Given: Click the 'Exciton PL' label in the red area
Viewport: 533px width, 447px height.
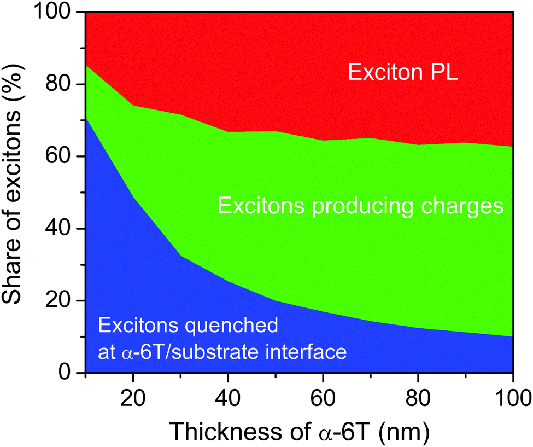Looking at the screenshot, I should [403, 71].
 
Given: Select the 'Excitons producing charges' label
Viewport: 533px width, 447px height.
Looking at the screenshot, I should [360, 206].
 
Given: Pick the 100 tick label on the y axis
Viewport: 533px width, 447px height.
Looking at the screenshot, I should [54, 13].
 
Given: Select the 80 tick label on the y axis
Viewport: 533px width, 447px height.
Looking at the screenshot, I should [60, 84].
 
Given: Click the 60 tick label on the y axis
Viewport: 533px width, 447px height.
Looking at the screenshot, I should [60, 156].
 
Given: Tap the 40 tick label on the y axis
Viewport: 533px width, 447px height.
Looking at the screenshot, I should [60, 229].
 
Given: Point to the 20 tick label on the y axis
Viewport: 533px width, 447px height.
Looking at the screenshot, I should [60, 301].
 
